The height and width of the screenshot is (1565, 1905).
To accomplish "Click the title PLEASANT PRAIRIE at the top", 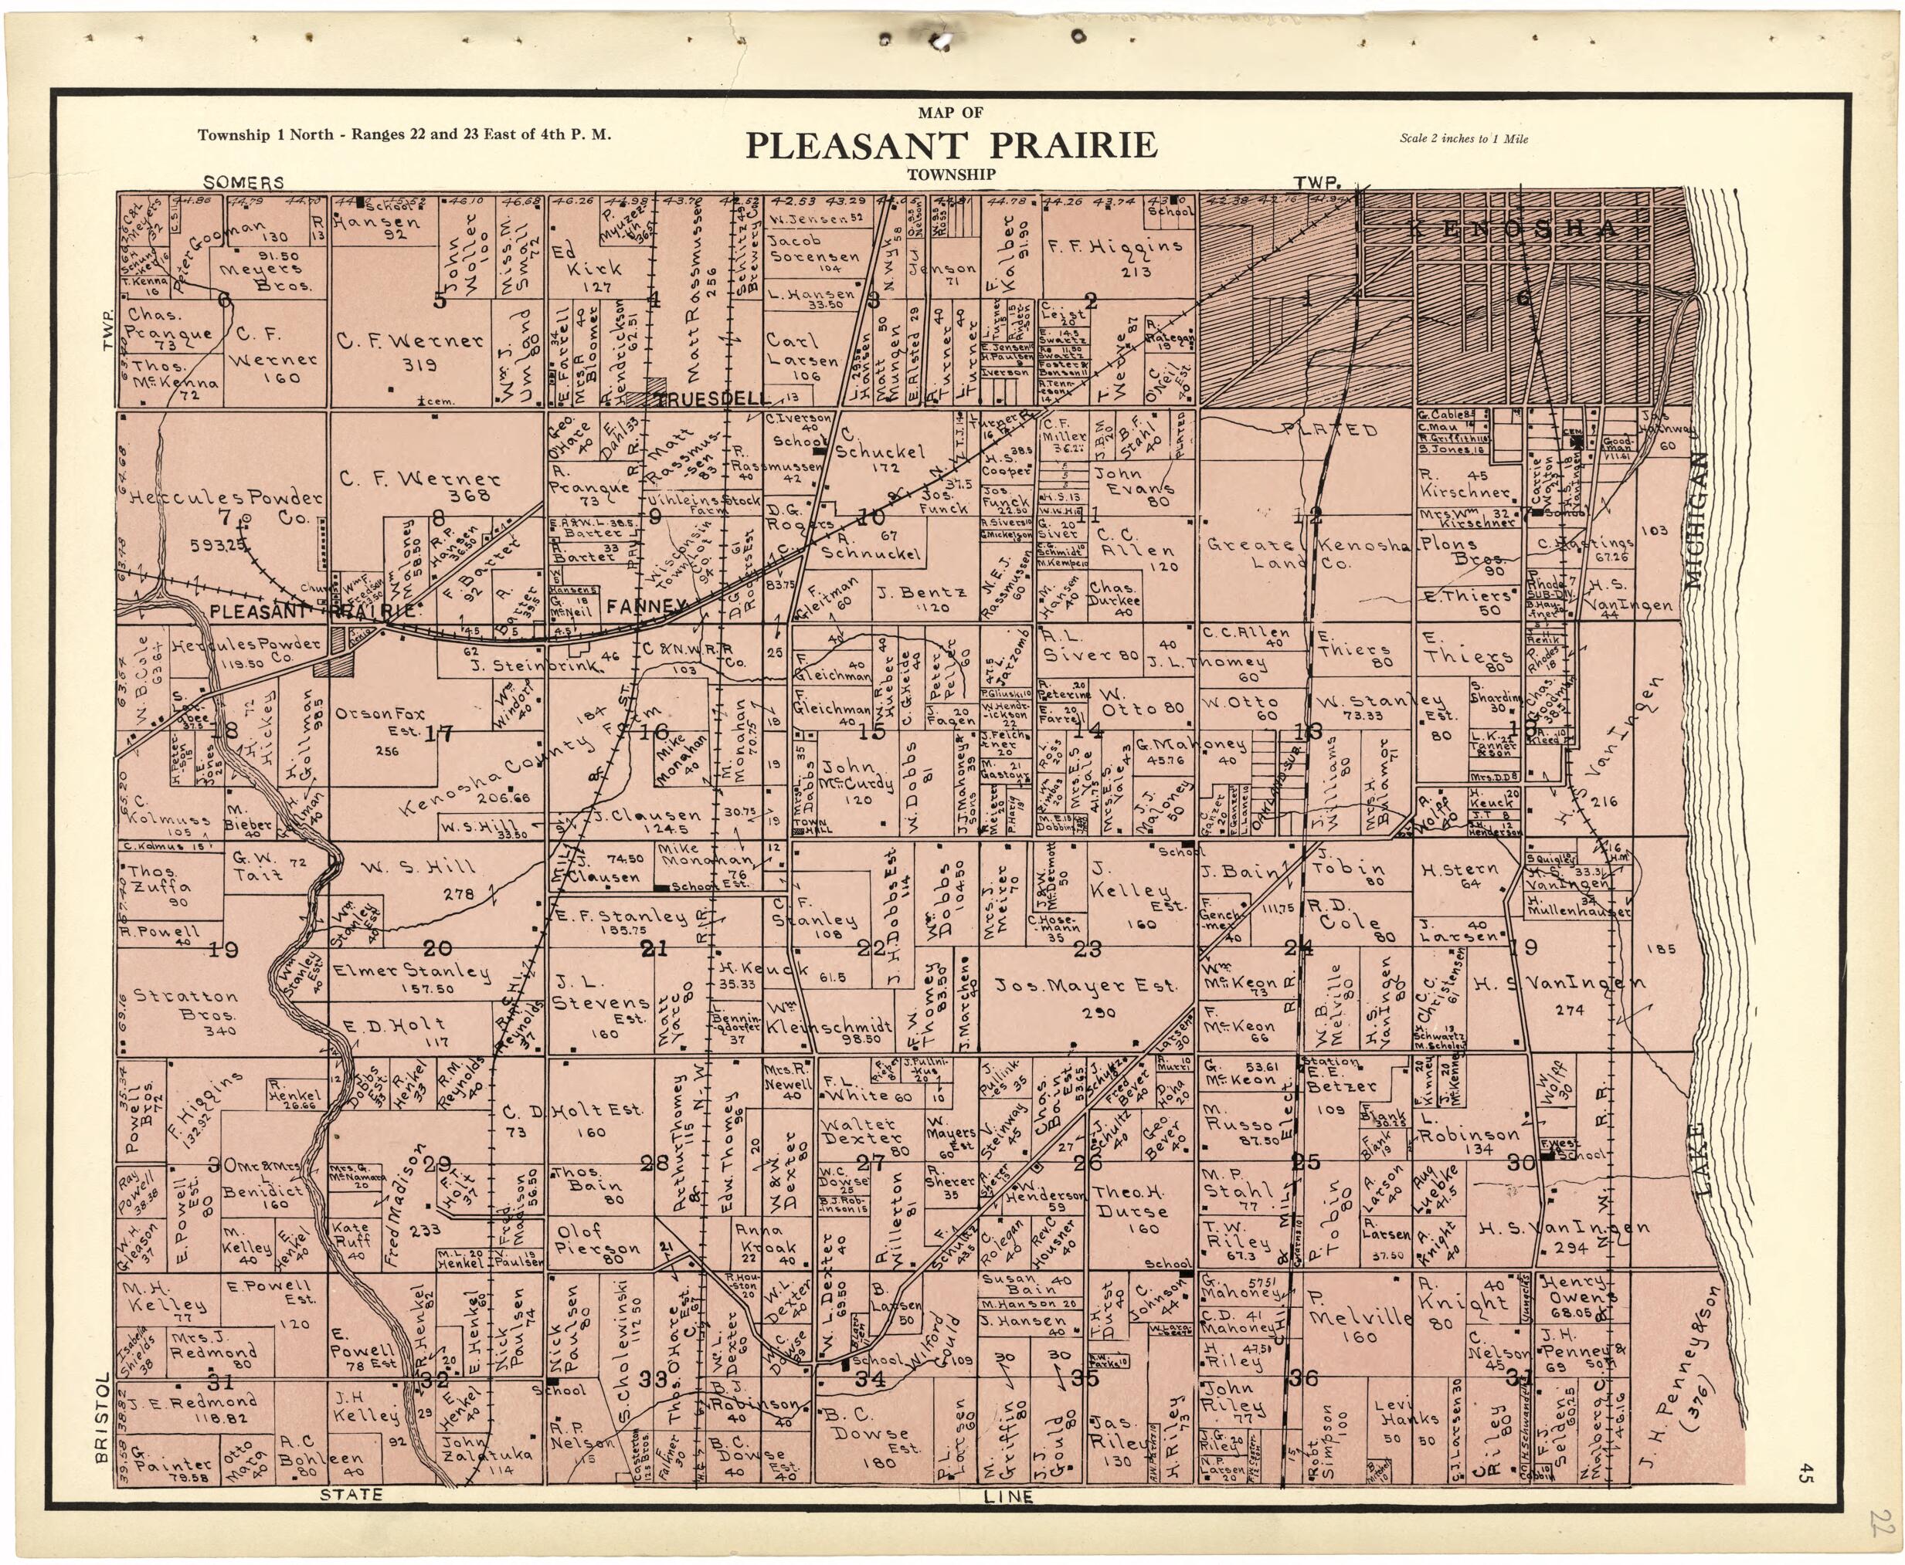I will [951, 145].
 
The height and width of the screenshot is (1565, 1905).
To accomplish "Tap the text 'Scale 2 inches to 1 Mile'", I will [1463, 139].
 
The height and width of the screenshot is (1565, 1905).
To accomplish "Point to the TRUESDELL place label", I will [712, 398].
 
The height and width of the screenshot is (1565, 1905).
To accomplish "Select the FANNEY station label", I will [641, 607].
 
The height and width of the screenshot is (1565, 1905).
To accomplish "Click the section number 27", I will [871, 1161].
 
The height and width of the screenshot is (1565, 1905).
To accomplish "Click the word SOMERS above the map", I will [243, 182].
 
